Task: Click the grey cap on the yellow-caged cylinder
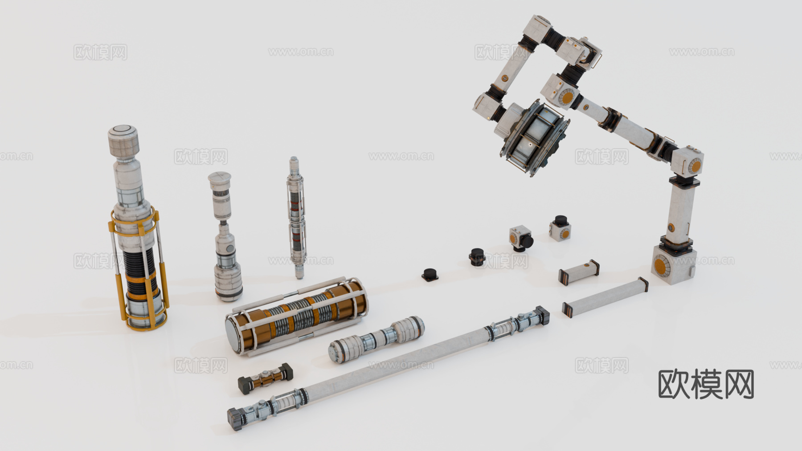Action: click(x=123, y=139)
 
